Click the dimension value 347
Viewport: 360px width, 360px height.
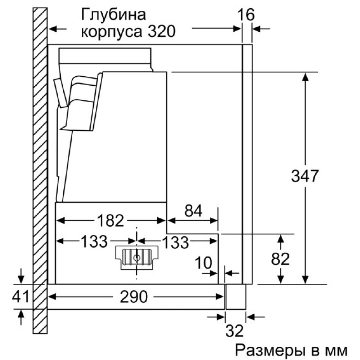coord(305,176)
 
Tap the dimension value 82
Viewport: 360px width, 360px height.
coord(281,259)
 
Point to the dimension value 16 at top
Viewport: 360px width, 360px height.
coord(246,15)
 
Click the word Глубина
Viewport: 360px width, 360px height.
coord(113,15)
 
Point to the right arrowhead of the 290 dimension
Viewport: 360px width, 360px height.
coord(221,297)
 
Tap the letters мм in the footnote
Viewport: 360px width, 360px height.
coord(337,350)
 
